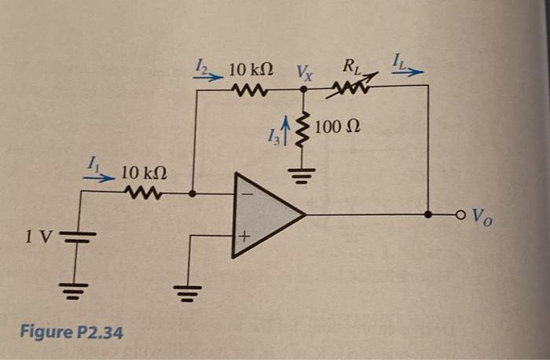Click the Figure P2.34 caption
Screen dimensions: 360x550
71,332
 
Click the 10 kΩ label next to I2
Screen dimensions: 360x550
251,71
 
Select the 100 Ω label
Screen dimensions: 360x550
339,127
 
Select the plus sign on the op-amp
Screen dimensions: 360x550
245,234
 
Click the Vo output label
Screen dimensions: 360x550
483,214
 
